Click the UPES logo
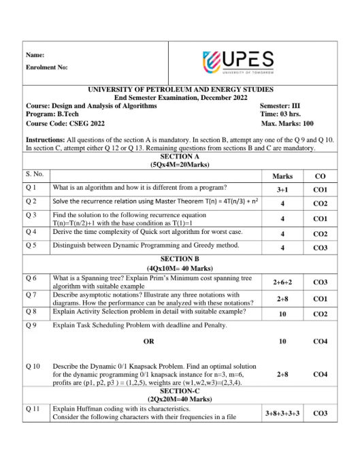click(239, 62)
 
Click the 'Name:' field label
click(35, 54)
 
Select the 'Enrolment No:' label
click(46, 67)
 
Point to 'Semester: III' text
click(280, 106)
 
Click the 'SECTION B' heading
click(180, 259)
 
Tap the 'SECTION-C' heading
click(180, 391)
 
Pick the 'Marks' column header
click(282, 175)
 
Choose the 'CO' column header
click(320, 175)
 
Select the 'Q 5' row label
click(31, 245)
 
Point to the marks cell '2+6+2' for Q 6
click(282, 282)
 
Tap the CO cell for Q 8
click(320, 314)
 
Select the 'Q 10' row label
click(33, 367)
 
